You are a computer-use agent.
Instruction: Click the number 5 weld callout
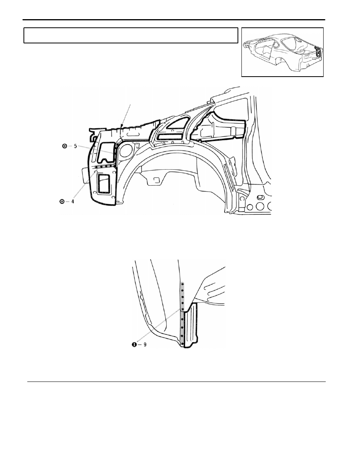click(x=75, y=146)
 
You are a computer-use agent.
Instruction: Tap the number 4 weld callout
click(x=72, y=202)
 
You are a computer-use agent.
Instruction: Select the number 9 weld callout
click(x=145, y=344)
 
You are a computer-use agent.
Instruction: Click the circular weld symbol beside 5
click(x=64, y=146)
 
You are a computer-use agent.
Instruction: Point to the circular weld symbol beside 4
click(x=62, y=202)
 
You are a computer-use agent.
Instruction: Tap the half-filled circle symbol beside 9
click(x=135, y=344)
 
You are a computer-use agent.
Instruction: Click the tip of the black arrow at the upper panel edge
click(x=121, y=127)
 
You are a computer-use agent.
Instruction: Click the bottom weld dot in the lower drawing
click(x=182, y=344)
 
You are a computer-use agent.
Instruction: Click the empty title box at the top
click(x=131, y=36)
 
